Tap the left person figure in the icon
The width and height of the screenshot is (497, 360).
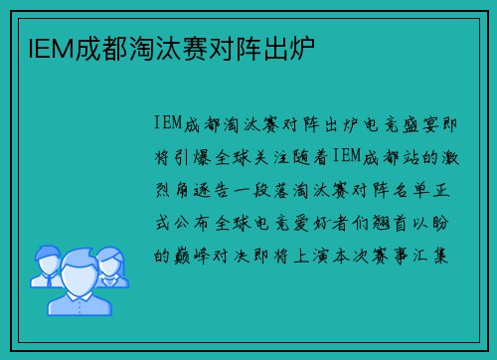coord(46,264)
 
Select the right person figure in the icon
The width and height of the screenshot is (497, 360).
coord(112,264)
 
